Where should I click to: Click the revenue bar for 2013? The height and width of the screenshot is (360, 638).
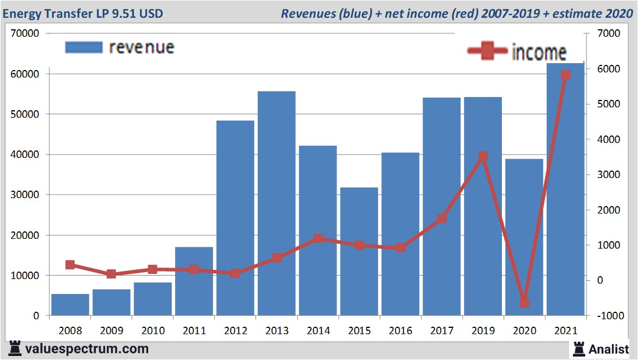pyautogui.click(x=276, y=203)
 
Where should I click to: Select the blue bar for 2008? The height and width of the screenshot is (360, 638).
pyautogui.click(x=70, y=305)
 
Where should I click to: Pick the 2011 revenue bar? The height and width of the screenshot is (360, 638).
pyautogui.click(x=194, y=281)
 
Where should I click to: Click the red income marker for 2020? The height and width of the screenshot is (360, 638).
pyautogui.click(x=524, y=303)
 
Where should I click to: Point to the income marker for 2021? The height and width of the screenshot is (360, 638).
pyautogui.click(x=565, y=75)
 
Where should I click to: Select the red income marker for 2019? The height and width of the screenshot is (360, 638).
pyautogui.click(x=483, y=157)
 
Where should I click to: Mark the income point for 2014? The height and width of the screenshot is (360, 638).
pyautogui.click(x=318, y=239)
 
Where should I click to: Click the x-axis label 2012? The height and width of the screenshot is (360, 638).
pyautogui.click(x=235, y=331)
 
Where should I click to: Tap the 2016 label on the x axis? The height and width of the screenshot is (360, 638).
pyautogui.click(x=400, y=331)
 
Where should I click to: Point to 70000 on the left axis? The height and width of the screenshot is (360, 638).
pyautogui.click(x=25, y=34)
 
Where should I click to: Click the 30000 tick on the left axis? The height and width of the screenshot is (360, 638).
pyautogui.click(x=25, y=195)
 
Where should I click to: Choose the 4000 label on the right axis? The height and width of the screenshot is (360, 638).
pyautogui.click(x=606, y=140)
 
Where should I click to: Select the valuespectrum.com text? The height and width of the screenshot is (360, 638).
pyautogui.click(x=87, y=349)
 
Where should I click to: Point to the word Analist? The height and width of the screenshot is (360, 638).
pyautogui.click(x=609, y=349)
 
